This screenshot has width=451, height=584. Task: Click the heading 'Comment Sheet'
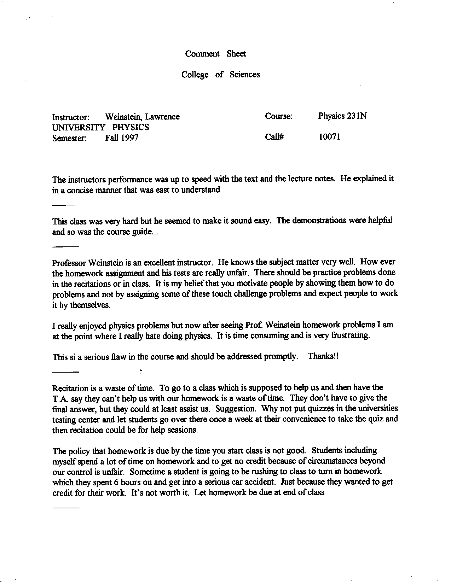[x=215, y=54]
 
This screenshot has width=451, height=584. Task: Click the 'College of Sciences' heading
[x=220, y=75]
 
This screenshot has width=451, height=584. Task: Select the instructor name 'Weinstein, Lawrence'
[x=142, y=117]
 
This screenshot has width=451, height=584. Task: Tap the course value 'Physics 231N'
[x=342, y=116]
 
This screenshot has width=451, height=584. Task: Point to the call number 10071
[x=329, y=137]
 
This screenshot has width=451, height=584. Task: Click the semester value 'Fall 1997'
[x=121, y=138]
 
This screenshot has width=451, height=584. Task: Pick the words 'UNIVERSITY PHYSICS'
[x=100, y=127]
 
